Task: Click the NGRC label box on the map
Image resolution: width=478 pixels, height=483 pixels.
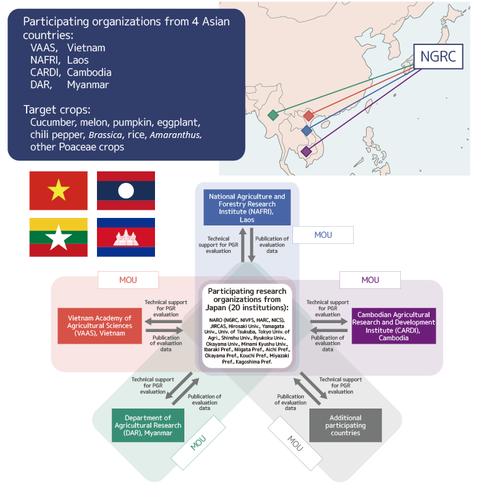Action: [438, 55]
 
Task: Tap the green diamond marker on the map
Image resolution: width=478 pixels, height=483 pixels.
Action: [273, 115]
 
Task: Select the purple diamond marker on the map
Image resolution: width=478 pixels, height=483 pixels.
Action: [305, 151]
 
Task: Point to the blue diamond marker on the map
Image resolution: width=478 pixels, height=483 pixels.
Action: [307, 130]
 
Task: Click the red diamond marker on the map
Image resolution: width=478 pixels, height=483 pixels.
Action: [309, 116]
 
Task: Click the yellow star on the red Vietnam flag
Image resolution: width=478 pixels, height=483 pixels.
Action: [58, 191]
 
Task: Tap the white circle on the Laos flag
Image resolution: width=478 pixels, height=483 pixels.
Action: [126, 191]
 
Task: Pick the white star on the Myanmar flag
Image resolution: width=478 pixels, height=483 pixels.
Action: [58, 237]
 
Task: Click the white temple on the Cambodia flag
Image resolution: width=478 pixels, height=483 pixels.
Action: [126, 237]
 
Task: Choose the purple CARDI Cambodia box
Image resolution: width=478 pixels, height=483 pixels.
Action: [393, 326]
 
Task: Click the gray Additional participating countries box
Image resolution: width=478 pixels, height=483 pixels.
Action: [346, 425]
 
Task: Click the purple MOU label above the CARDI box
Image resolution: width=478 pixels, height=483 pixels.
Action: [369, 279]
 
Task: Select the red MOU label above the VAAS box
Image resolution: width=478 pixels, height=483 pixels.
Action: [128, 279]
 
